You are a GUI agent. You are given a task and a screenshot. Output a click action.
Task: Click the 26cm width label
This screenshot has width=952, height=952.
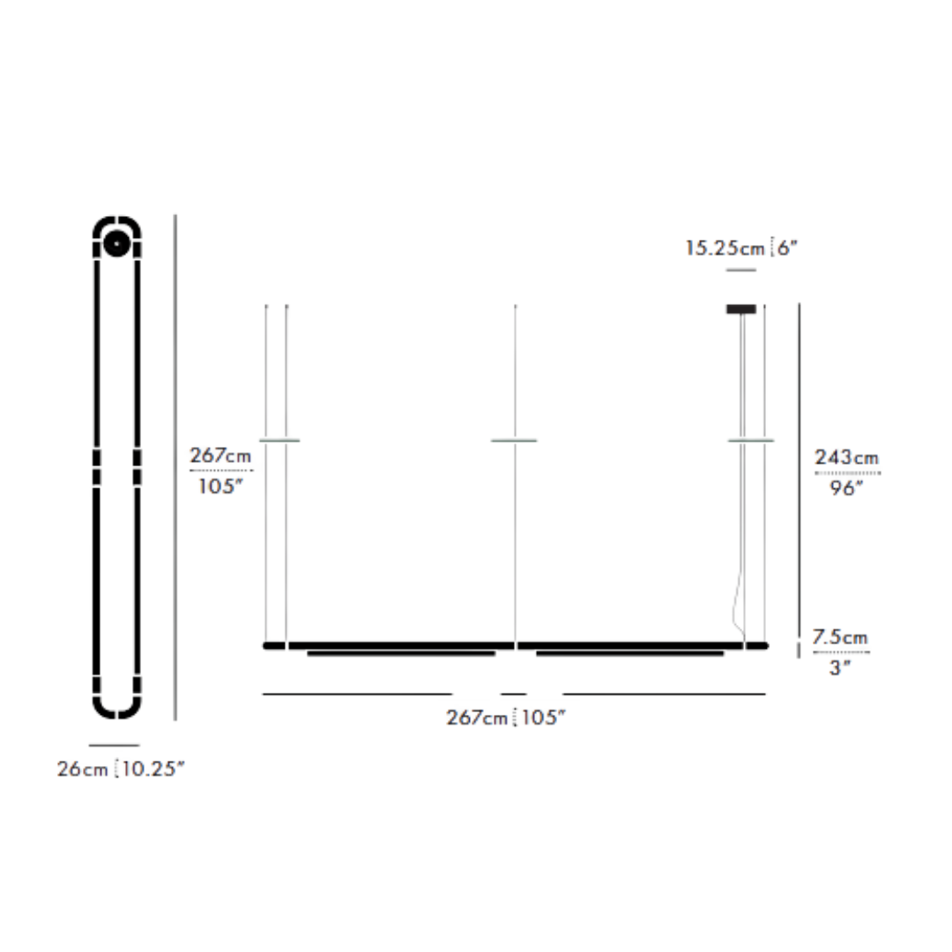[83, 769]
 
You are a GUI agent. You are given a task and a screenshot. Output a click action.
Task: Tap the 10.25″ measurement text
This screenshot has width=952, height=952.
[153, 769]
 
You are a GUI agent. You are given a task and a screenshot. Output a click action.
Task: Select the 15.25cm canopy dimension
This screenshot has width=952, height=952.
[725, 249]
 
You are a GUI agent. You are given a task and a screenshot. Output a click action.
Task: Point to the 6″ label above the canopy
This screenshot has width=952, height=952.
[787, 249]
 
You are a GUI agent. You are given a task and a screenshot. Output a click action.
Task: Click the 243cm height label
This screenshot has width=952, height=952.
[846, 457]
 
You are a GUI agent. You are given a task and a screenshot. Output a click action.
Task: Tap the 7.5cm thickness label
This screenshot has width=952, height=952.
[839, 637]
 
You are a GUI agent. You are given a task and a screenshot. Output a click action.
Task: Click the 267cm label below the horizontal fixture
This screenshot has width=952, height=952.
[475, 718]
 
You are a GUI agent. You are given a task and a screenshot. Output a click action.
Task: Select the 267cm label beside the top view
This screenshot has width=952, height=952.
[220, 456]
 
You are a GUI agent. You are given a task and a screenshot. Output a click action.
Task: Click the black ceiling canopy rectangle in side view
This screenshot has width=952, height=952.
[740, 309]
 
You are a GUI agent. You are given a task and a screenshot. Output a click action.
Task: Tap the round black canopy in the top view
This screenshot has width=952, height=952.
[115, 242]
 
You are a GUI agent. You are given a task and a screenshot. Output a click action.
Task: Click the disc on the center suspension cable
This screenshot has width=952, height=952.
[514, 440]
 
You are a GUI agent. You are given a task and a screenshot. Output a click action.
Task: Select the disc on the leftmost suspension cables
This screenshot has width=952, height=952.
[279, 440]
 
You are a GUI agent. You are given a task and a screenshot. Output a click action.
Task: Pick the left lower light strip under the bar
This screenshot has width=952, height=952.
[401, 654]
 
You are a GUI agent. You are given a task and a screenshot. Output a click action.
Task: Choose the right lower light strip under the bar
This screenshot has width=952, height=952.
[629, 654]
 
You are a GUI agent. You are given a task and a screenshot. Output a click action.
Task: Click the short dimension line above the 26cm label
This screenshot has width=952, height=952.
[115, 746]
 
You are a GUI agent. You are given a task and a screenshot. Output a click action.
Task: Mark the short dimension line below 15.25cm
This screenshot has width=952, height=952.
[740, 270]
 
